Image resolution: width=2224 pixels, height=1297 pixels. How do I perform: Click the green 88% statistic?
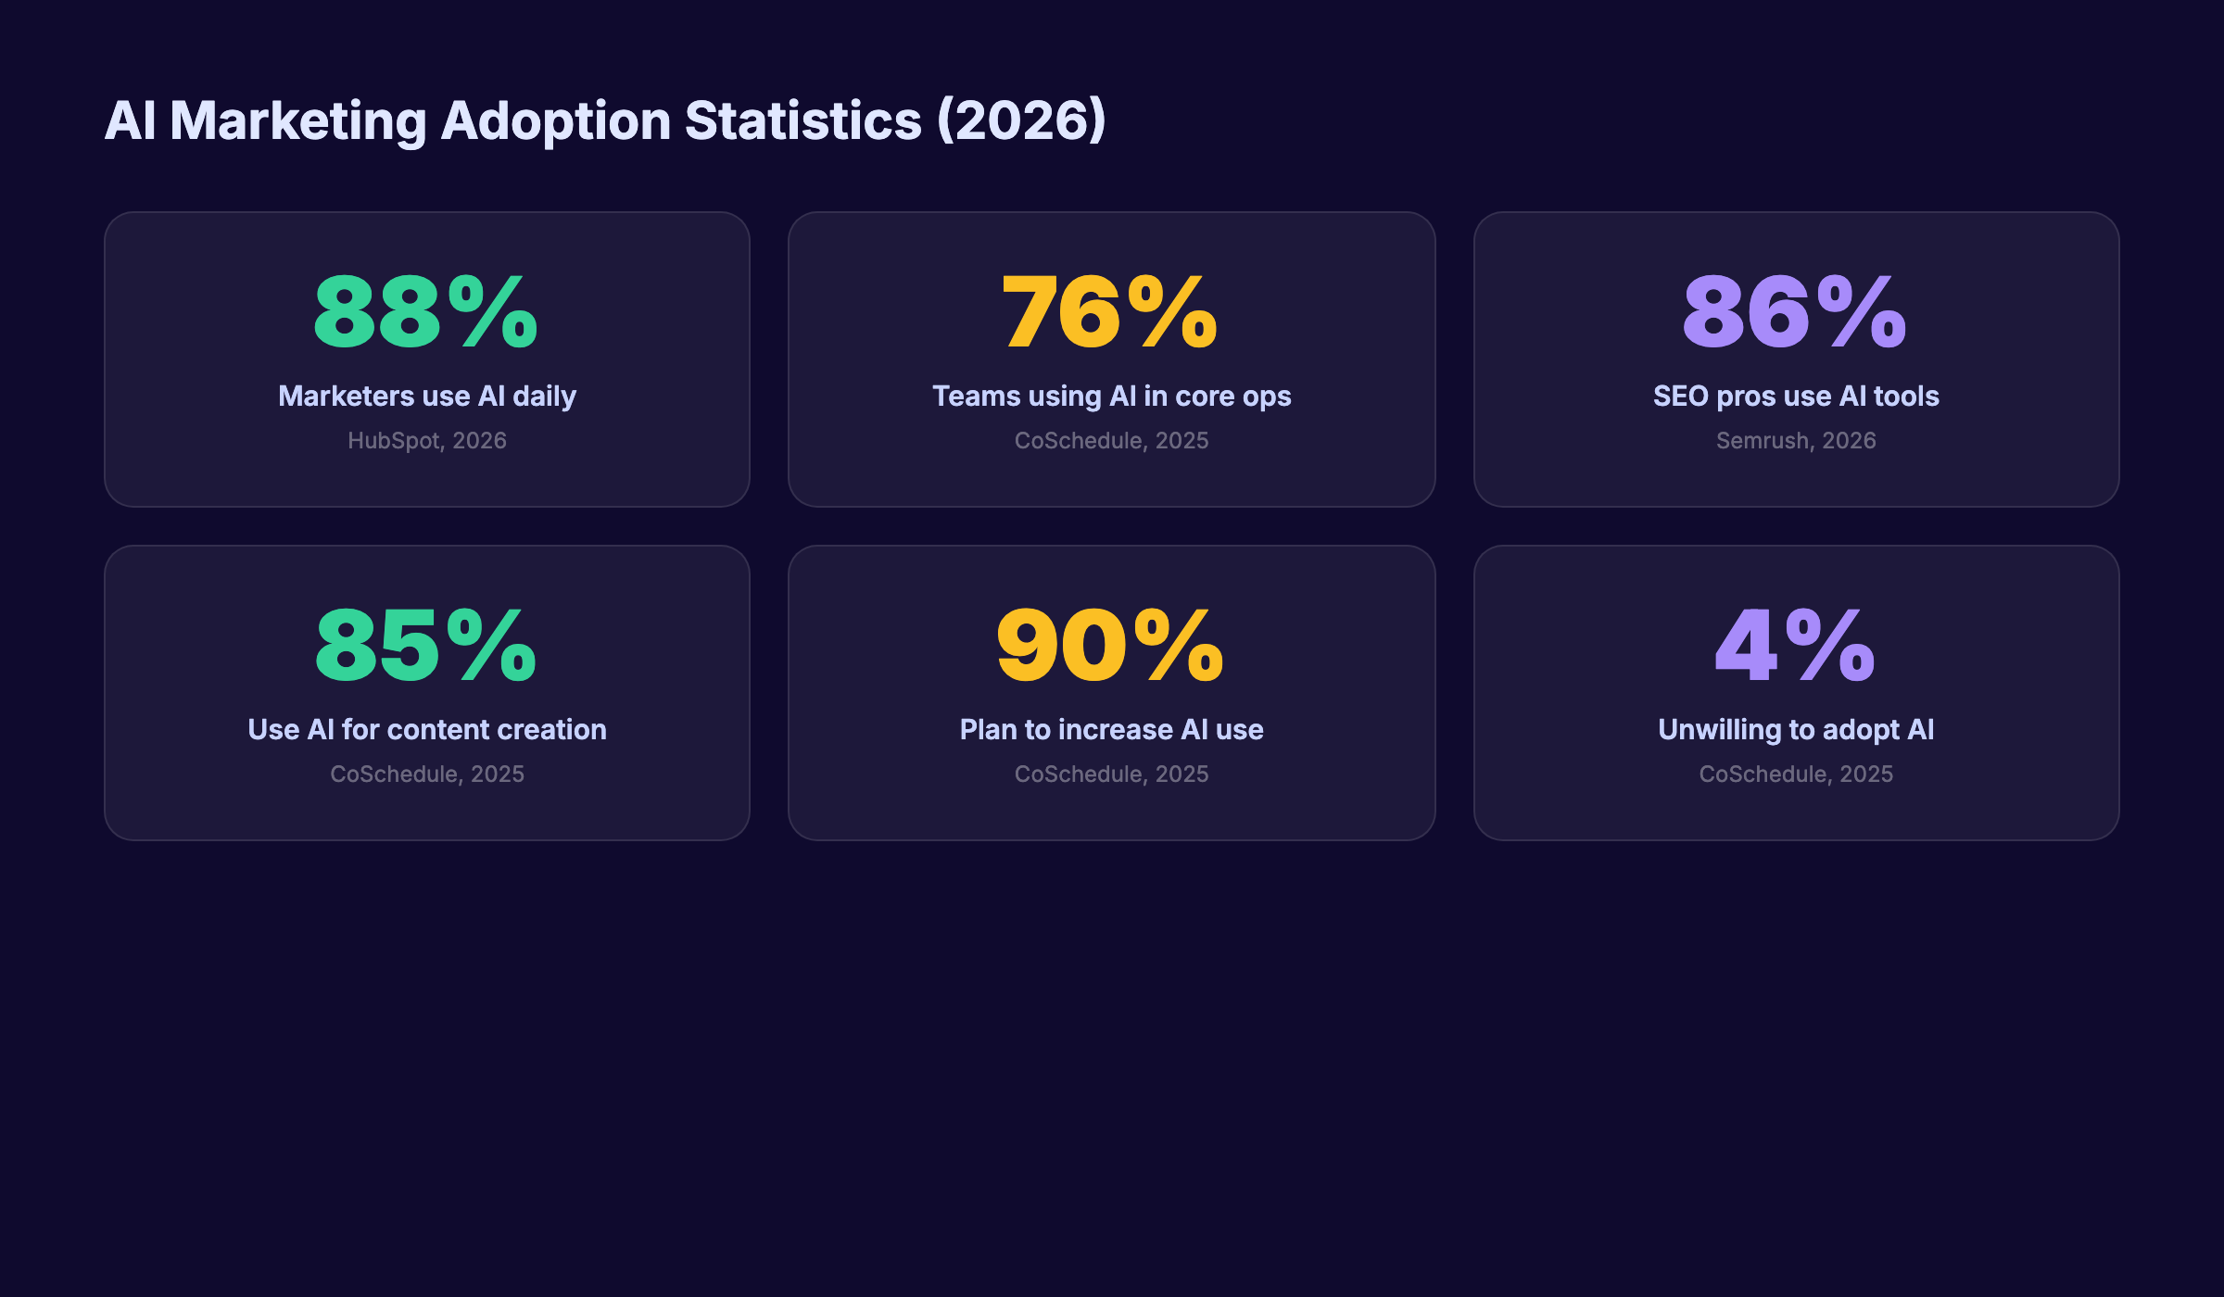click(426, 312)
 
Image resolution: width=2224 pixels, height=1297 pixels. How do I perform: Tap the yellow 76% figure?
click(1110, 312)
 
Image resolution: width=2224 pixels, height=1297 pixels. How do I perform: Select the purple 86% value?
click(1795, 312)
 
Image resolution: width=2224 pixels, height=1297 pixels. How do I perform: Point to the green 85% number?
click(426, 646)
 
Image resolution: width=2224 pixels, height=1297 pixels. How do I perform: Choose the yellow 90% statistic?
click(1110, 646)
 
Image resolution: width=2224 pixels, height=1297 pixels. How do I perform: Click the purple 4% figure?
click(1795, 646)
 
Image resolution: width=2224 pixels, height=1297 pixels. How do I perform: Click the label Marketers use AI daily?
click(427, 397)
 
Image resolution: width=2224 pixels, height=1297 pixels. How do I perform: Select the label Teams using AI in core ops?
click(1111, 397)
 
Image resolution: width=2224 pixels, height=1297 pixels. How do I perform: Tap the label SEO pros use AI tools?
click(1796, 397)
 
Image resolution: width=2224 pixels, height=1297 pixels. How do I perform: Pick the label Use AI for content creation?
click(427, 730)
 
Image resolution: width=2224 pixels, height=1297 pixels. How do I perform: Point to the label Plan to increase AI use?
click(1111, 730)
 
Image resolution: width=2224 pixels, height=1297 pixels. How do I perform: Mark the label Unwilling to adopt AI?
click(1796, 730)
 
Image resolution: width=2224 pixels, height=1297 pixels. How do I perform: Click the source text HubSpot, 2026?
click(427, 441)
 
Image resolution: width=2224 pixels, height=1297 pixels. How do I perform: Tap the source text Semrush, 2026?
click(1796, 441)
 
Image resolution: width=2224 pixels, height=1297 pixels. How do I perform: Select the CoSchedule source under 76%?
click(1111, 441)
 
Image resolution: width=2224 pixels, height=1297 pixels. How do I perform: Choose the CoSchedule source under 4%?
click(1796, 774)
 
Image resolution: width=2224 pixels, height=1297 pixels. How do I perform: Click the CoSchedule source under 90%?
click(1111, 774)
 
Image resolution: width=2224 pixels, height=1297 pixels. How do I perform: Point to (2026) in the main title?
click(1021, 121)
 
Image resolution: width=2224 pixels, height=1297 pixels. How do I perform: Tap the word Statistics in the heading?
click(802, 121)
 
